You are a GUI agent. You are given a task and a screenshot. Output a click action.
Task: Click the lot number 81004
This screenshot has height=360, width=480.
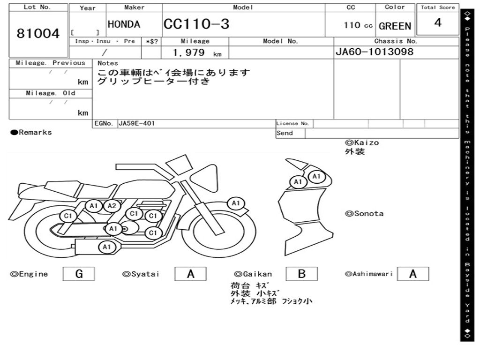[x=38, y=34]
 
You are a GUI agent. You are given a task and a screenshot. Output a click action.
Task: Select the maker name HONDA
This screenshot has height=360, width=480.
[x=124, y=25]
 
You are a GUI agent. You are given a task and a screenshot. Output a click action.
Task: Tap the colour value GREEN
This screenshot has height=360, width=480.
[x=395, y=26]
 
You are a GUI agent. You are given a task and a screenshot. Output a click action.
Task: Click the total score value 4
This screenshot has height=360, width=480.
[x=438, y=23]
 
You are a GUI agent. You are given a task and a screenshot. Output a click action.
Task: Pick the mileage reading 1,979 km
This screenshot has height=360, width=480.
[x=197, y=53]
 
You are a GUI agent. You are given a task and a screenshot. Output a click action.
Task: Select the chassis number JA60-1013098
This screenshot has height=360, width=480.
[x=375, y=52]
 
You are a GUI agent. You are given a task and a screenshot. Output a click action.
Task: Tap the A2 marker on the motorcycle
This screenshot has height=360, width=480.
[x=112, y=206]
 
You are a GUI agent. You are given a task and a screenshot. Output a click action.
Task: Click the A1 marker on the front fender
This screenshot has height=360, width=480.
[x=235, y=203]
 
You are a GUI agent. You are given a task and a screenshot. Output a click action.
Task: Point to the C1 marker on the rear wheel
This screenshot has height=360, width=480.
[x=68, y=216]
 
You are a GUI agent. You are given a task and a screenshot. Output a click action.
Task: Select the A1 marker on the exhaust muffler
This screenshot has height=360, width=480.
[x=106, y=247]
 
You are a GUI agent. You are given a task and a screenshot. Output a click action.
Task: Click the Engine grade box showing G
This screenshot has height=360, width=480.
[x=79, y=274]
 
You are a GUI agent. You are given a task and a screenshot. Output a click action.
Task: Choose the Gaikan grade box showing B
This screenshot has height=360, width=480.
[x=301, y=274]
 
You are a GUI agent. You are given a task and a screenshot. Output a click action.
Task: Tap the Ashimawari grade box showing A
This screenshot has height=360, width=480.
[x=412, y=274]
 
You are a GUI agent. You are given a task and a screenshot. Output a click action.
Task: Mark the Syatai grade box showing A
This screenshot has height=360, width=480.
[x=190, y=274]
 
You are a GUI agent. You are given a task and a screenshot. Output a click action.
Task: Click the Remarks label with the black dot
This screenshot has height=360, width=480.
[x=31, y=133]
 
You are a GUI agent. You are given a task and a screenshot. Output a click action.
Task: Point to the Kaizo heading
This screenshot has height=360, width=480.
[x=362, y=142]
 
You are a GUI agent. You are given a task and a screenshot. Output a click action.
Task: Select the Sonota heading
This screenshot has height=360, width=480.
[x=364, y=214]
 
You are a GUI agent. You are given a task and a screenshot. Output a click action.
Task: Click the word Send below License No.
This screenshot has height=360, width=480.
[x=285, y=133]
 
